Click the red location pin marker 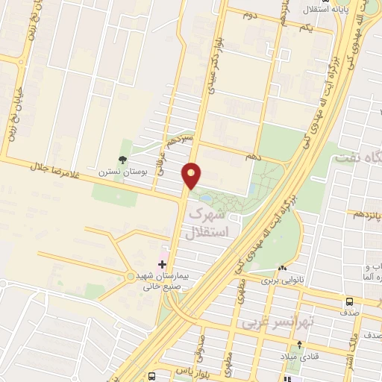(192, 175)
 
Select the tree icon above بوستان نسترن (122, 159)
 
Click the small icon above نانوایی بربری (281, 269)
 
